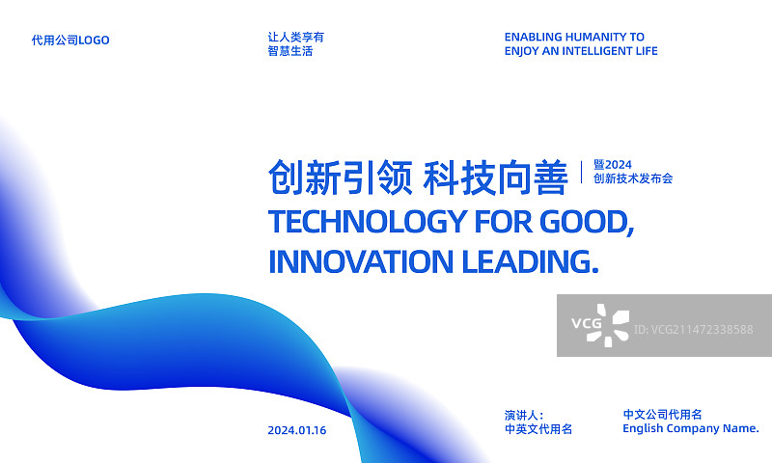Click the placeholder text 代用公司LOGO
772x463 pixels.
pos(70,41)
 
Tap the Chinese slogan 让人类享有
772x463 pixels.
pos(296,37)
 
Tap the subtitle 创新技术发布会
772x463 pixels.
pos(633,178)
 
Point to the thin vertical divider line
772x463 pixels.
pos(582,172)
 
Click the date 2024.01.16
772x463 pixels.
pos(297,430)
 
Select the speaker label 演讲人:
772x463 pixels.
pos(524,415)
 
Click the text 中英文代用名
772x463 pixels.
pos(538,429)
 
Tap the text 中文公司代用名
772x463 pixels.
pos(662,414)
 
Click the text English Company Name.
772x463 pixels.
pos(691,428)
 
